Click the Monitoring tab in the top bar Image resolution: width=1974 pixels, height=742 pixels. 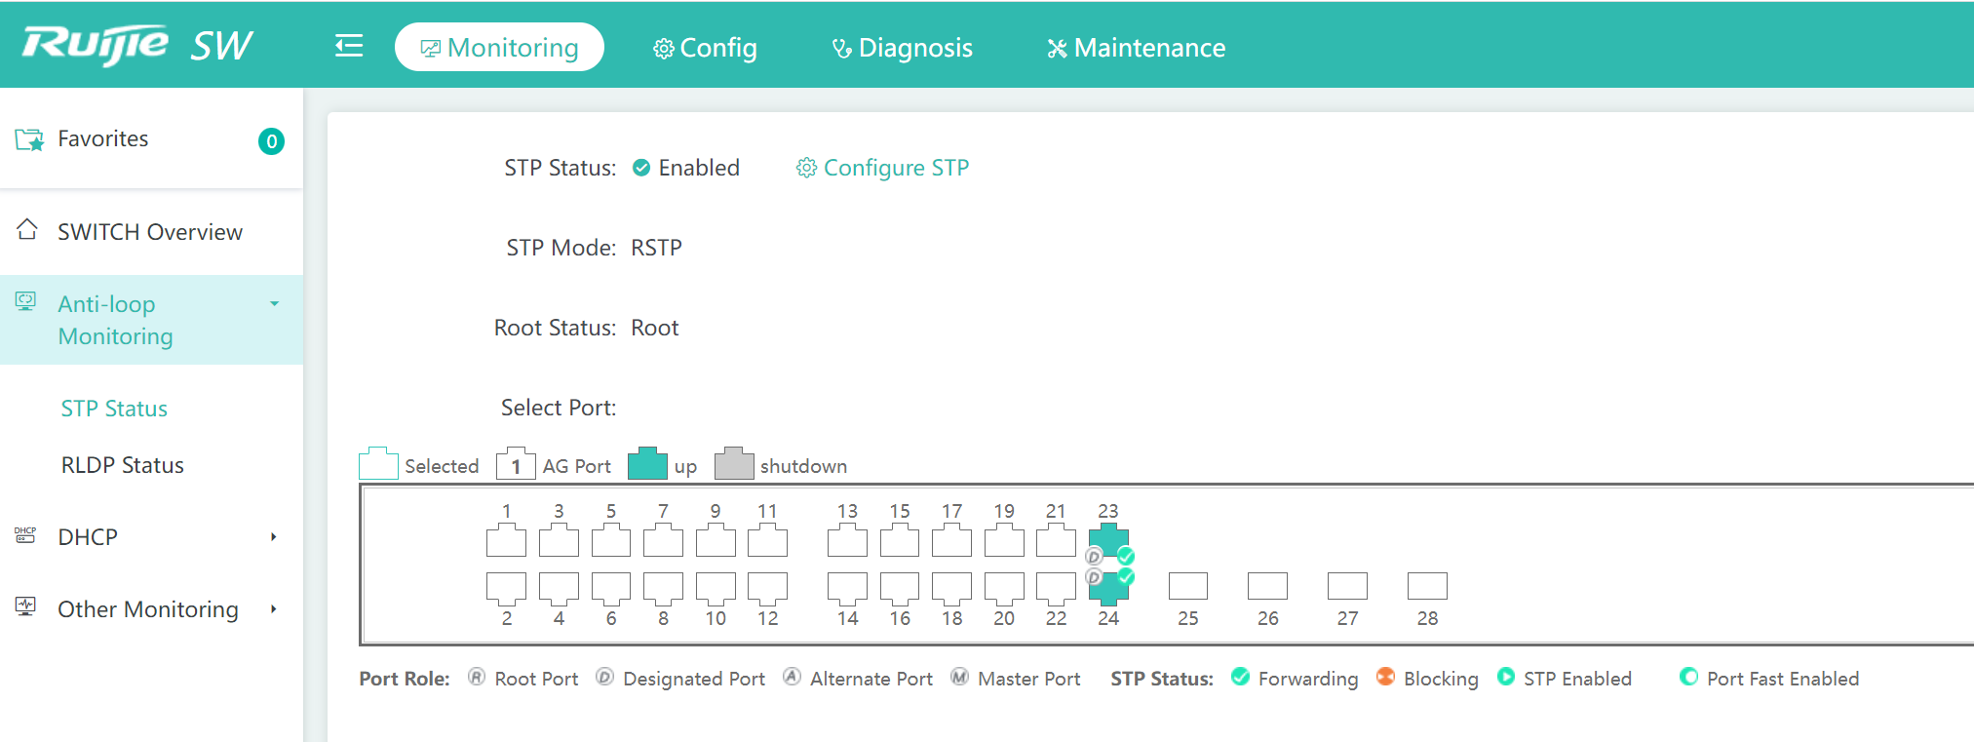pyautogui.click(x=499, y=47)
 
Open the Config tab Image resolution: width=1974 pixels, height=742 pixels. pyautogui.click(x=705, y=48)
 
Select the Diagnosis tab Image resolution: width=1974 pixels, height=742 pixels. pyautogui.click(x=902, y=48)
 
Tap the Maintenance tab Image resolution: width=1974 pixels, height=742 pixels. pyautogui.click(x=1136, y=48)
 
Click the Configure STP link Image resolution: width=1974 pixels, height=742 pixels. pyautogui.click(x=883, y=168)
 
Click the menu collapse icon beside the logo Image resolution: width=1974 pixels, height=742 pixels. pyautogui.click(x=349, y=46)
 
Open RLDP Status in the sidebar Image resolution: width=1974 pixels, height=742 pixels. pyautogui.click(x=123, y=465)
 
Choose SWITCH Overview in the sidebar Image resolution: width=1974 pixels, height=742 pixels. pyautogui.click(x=150, y=232)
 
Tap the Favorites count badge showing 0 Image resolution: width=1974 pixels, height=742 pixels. pyautogui.click(x=271, y=141)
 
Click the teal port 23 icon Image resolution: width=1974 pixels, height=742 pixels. pyautogui.click(x=1108, y=539)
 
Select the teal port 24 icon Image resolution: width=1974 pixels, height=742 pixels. pyautogui.click(x=1108, y=588)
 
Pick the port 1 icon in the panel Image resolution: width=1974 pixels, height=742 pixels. pyautogui.click(x=506, y=540)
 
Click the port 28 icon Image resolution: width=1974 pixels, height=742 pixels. pyautogui.click(x=1427, y=586)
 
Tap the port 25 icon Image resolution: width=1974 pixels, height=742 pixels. pyautogui.click(x=1187, y=586)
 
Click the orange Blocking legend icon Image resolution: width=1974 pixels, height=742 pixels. pyautogui.click(x=1385, y=677)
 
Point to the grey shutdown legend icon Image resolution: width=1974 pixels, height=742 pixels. pyautogui.click(x=734, y=464)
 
